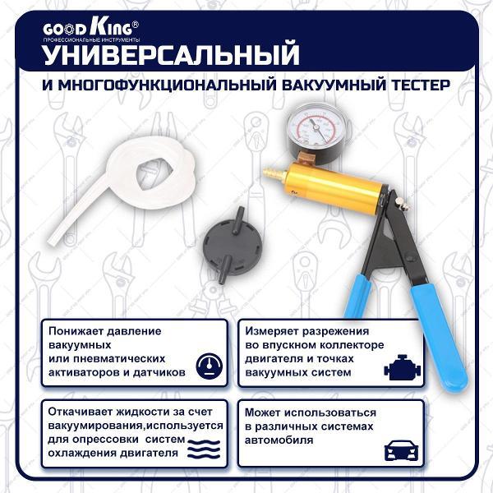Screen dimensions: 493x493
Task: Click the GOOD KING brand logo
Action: tap(90, 28)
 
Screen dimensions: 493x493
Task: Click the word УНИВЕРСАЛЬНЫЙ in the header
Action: tap(170, 55)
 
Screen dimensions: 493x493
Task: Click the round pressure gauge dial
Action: tap(316, 130)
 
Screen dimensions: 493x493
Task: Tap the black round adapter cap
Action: tap(230, 246)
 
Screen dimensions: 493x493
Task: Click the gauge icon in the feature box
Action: tap(209, 366)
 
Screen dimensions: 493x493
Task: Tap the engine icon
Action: tap(403, 368)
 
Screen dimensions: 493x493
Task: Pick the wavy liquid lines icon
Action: tap(204, 449)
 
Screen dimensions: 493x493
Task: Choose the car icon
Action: tap(403, 450)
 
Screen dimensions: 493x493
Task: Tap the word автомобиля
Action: tap(279, 440)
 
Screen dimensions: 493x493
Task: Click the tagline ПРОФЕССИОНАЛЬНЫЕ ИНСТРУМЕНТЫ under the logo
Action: tap(91, 40)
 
